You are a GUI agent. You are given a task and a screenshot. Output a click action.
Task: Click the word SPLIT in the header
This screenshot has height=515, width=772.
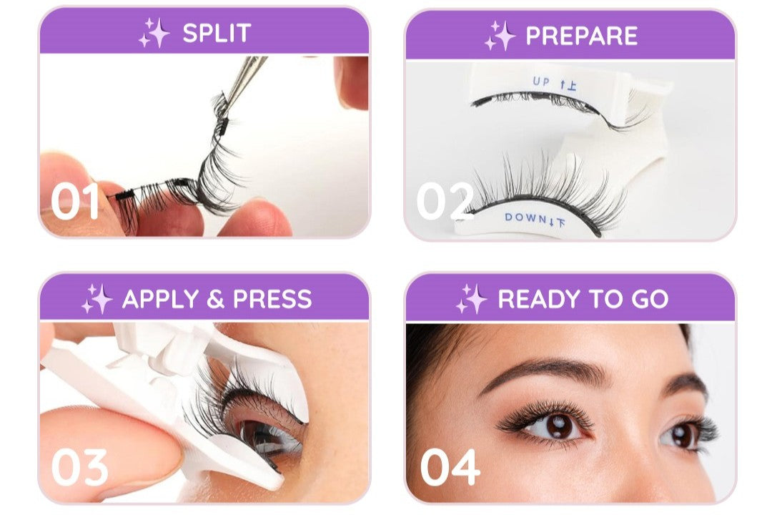(217, 33)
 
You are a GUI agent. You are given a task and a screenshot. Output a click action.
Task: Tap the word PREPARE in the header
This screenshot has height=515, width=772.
(581, 36)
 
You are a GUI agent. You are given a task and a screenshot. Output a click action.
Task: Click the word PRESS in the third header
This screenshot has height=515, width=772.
(272, 299)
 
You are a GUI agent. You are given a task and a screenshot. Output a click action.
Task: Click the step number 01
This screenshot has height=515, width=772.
(75, 201)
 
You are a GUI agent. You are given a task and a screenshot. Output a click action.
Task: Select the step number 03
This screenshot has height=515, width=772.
(79, 467)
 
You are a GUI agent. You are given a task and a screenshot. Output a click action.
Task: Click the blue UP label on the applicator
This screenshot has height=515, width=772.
(540, 82)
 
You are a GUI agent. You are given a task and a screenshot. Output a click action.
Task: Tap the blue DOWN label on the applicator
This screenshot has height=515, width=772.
(525, 217)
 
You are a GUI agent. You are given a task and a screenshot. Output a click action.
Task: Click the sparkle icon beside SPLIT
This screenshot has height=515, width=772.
(154, 32)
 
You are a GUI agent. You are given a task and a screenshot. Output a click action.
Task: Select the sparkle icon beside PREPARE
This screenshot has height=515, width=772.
(500, 36)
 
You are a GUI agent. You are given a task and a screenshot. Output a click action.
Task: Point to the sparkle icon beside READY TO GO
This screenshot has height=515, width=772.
(472, 299)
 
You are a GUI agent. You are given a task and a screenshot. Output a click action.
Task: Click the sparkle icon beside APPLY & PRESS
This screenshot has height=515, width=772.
(97, 299)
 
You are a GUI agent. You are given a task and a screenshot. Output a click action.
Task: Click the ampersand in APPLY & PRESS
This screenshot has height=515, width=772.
(216, 299)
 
